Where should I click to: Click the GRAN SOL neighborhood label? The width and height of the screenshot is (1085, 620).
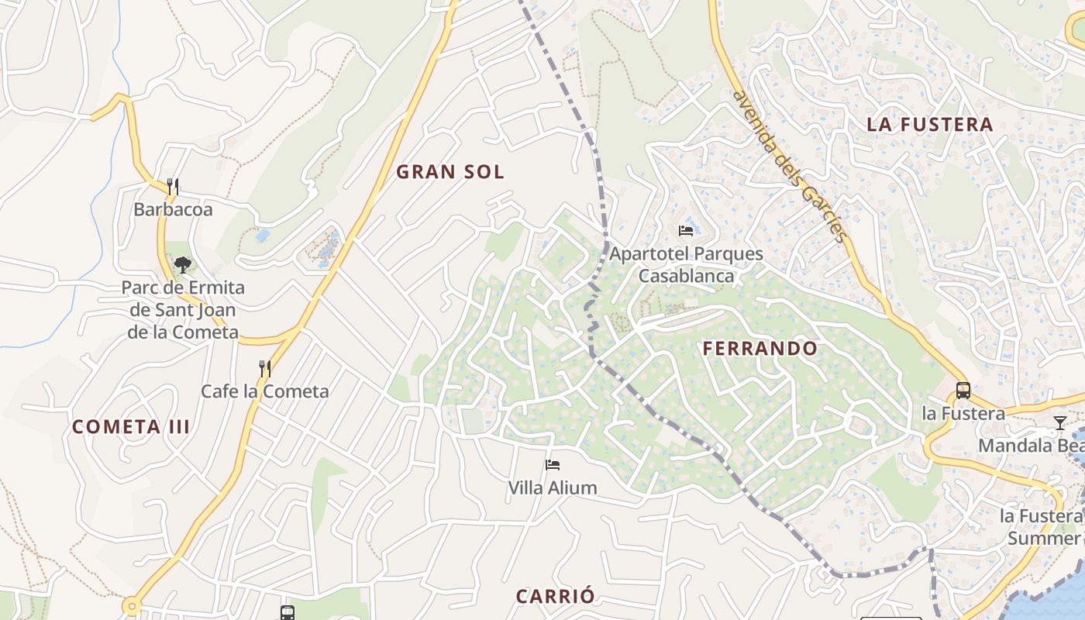pyautogui.click(x=450, y=172)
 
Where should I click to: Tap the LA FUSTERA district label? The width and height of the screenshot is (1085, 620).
pyautogui.click(x=929, y=124)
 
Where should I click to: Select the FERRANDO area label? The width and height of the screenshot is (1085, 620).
pyautogui.click(x=759, y=349)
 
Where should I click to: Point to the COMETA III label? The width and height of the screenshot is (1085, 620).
pyautogui.click(x=131, y=427)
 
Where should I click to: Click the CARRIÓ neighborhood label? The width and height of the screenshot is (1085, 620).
pyautogui.click(x=556, y=596)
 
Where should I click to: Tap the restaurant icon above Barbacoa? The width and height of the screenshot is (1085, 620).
pyautogui.click(x=173, y=187)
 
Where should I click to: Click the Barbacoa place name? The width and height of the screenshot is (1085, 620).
pyautogui.click(x=173, y=209)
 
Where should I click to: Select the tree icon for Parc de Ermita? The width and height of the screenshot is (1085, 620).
pyautogui.click(x=183, y=265)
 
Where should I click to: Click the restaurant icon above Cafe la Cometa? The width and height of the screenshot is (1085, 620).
pyautogui.click(x=265, y=369)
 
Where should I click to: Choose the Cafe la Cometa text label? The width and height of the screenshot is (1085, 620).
pyautogui.click(x=265, y=391)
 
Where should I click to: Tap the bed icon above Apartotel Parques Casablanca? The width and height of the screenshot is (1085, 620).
pyautogui.click(x=686, y=230)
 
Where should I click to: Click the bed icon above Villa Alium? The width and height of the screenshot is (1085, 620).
pyautogui.click(x=553, y=465)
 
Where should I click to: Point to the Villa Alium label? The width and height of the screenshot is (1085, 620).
pyautogui.click(x=553, y=488)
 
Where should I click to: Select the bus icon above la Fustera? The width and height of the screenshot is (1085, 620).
pyautogui.click(x=963, y=391)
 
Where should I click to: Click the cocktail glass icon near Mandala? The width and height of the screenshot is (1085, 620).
pyautogui.click(x=1060, y=422)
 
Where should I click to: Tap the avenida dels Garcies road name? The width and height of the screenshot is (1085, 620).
pyautogui.click(x=790, y=167)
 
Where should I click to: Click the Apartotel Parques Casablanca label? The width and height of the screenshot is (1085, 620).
pyautogui.click(x=686, y=264)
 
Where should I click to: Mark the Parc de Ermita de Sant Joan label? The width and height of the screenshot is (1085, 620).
pyautogui.click(x=183, y=310)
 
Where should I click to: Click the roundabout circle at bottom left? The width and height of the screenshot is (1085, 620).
pyautogui.click(x=132, y=605)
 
